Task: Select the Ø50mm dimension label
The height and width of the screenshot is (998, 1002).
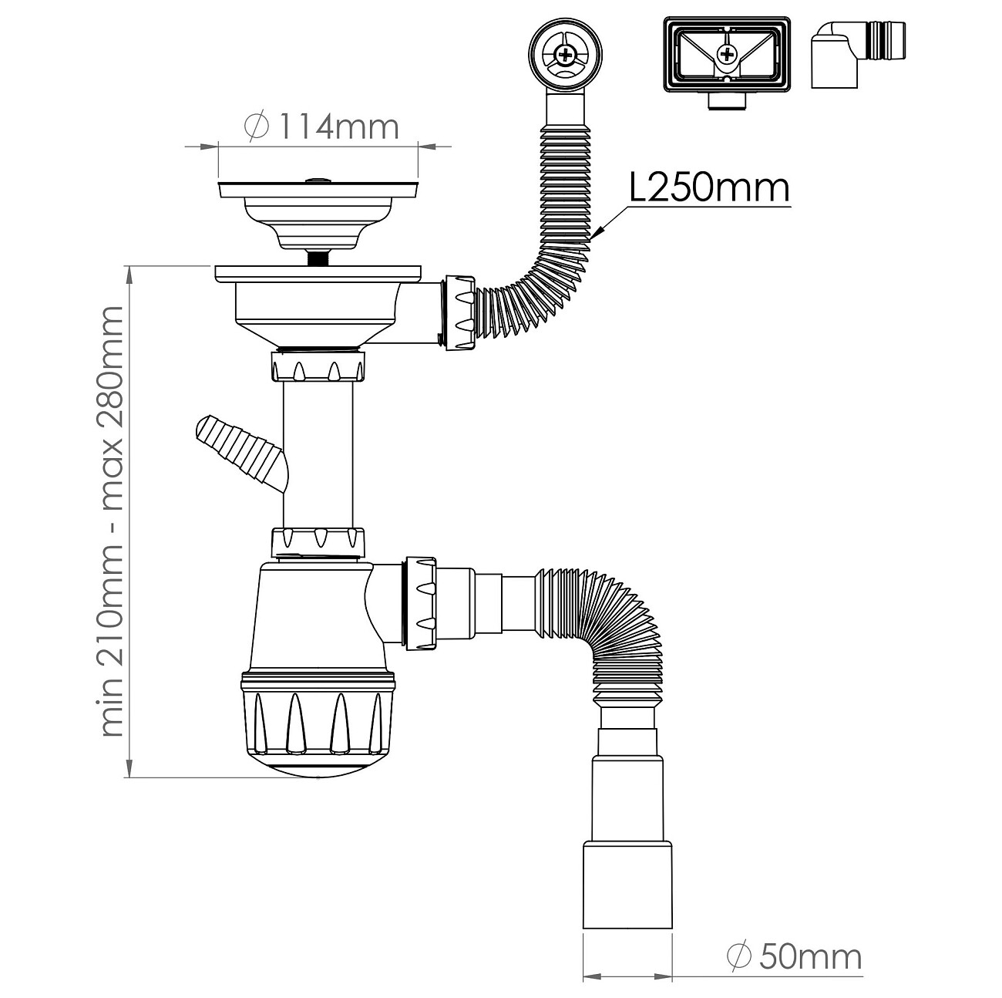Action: point(795,942)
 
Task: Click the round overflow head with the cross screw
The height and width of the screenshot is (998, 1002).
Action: point(565,53)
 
